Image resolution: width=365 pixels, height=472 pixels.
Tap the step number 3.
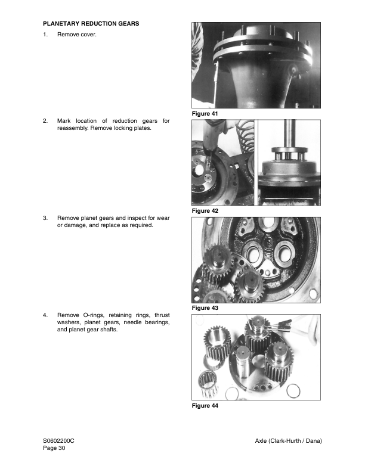point(45,218)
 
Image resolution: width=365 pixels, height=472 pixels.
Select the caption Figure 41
point(205,113)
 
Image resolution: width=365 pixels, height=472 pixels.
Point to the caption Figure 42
point(205,211)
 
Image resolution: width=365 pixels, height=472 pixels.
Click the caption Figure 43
point(205,308)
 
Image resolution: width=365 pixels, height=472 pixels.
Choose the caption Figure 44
point(205,406)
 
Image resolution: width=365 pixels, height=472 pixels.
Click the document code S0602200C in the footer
point(58,440)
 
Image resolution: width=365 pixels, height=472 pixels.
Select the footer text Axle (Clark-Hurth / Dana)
point(288,440)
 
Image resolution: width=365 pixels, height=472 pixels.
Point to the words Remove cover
point(76,35)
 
